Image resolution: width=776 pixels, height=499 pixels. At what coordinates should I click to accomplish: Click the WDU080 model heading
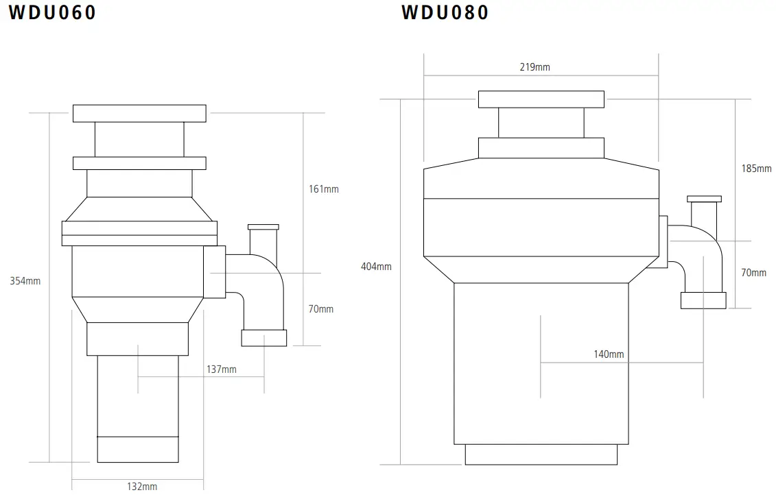point(445,12)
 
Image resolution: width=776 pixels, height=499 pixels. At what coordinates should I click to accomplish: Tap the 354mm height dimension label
point(25,281)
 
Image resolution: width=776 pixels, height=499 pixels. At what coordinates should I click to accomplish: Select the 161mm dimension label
point(322,189)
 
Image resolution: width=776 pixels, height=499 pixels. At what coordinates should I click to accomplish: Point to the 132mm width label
point(142,487)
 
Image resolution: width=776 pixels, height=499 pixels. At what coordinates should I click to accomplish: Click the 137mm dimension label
point(222,369)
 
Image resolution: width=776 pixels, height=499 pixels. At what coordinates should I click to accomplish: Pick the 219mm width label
point(535,67)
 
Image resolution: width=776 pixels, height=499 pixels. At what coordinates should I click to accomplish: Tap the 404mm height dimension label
point(376,267)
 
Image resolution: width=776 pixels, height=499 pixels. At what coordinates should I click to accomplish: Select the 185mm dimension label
point(757,169)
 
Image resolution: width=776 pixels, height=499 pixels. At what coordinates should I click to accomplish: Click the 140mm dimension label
point(609,354)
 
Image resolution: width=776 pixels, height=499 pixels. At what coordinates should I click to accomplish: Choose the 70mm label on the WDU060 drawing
point(320,309)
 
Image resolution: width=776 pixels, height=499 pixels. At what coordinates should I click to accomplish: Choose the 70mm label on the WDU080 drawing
point(754,273)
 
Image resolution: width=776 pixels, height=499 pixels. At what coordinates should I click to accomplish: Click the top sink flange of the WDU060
point(139,113)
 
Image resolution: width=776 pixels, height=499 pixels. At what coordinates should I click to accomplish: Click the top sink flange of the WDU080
point(541,99)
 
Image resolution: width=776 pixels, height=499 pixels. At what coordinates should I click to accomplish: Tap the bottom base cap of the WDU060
point(138,449)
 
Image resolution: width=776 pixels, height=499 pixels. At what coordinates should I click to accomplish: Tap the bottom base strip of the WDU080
point(541,454)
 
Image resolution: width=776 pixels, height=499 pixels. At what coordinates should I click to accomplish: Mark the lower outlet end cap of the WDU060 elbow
point(264,338)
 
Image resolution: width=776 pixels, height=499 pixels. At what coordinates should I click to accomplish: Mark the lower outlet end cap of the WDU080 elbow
point(703,300)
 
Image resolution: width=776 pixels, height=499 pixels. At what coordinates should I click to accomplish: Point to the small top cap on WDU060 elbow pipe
point(263,227)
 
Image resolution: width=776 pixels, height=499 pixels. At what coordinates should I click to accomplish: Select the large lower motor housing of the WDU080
point(541,363)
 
